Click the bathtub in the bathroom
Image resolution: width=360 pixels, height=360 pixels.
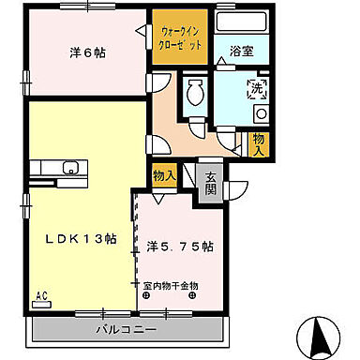click(241, 25)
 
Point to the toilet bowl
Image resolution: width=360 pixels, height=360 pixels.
click(196, 93)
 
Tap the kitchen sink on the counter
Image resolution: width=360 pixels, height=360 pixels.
click(69, 170)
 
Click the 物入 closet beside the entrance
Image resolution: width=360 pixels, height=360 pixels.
click(164, 175)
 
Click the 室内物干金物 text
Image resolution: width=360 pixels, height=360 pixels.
click(171, 284)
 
